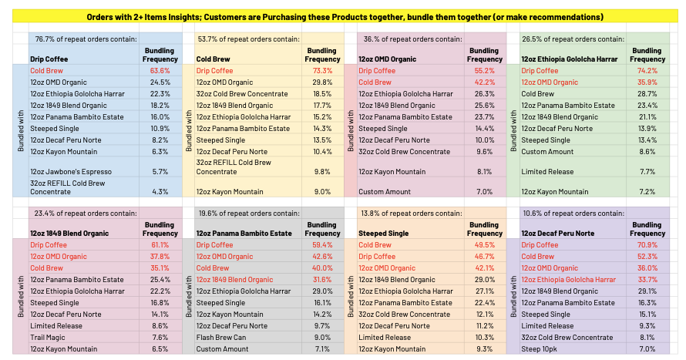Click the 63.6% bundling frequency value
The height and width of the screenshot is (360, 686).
tap(160, 70)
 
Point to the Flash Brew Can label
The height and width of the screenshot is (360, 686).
tap(221, 337)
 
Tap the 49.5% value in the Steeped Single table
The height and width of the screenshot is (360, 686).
tap(485, 245)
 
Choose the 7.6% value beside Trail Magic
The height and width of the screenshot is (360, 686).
tap(160, 337)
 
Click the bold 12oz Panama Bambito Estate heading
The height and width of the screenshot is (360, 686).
tap(244, 233)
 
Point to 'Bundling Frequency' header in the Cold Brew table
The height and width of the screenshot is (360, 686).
tap(322, 55)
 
